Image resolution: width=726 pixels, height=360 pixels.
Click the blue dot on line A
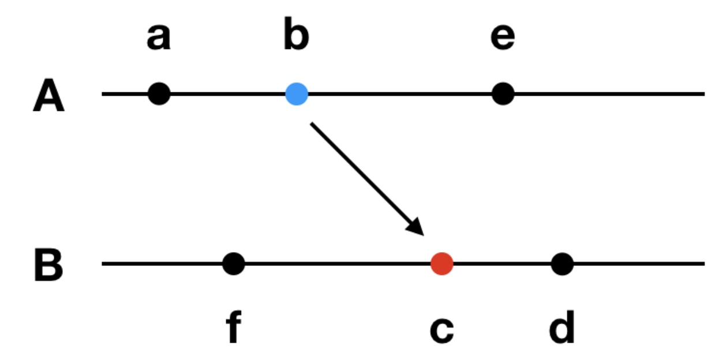click(x=297, y=93)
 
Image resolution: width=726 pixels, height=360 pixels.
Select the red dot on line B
click(x=441, y=264)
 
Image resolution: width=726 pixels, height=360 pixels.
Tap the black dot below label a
click(x=159, y=93)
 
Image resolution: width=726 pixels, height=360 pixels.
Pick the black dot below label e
click(x=503, y=93)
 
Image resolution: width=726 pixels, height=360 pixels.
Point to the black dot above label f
click(x=233, y=264)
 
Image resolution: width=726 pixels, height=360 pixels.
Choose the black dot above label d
click(x=562, y=264)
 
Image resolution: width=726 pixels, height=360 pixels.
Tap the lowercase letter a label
click(x=159, y=38)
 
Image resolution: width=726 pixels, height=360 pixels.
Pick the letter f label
click(x=233, y=329)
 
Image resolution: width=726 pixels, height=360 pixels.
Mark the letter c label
click(x=441, y=331)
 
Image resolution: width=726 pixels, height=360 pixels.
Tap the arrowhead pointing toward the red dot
click(x=417, y=227)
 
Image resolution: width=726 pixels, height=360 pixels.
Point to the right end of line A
click(x=703, y=93)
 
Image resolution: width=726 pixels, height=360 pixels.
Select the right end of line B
click(x=703, y=264)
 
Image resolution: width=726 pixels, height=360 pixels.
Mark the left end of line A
click(x=104, y=93)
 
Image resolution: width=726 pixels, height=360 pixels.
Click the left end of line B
click(x=104, y=264)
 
